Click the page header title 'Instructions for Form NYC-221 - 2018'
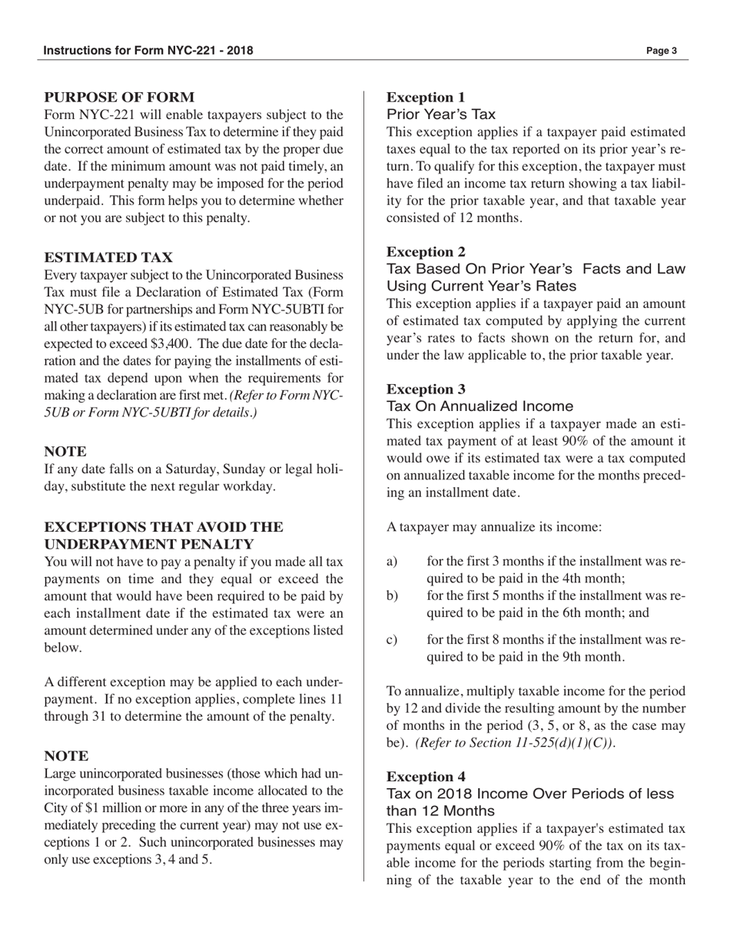point(148,51)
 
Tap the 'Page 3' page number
point(661,51)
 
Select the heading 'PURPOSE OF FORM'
point(119,97)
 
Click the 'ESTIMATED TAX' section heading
point(108,257)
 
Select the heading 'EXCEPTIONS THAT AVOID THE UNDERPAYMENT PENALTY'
point(164,535)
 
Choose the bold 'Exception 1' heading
point(425,97)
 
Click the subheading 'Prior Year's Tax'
point(440,114)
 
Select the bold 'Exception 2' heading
point(425,251)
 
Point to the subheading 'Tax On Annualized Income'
point(479,406)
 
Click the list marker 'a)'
point(392,562)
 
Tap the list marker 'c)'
point(392,640)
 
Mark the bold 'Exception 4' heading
point(425,776)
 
